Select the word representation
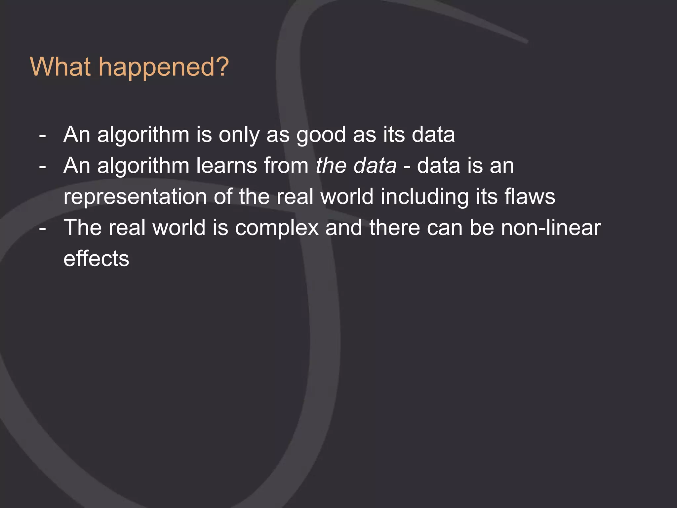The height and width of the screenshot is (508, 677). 135,196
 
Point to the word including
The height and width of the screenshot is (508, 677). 424,196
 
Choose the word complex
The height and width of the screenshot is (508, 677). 277,228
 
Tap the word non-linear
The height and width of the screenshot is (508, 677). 551,228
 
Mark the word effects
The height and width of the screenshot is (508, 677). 96,259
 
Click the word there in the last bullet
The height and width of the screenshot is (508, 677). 394,228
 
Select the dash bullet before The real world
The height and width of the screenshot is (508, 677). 42,229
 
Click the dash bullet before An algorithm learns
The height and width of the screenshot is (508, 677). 42,166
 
